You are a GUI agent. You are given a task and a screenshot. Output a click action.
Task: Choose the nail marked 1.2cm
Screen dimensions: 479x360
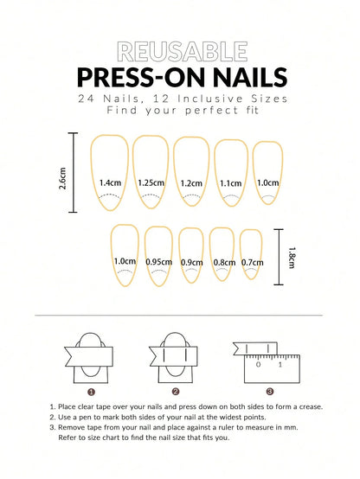[191, 176]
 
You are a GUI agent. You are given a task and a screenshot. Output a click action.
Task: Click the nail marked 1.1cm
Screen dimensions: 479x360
[230, 176]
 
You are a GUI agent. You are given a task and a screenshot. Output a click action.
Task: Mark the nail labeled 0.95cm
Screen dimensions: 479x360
[158, 256]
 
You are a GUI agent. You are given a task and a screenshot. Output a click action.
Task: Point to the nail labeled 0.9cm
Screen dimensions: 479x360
[191, 257]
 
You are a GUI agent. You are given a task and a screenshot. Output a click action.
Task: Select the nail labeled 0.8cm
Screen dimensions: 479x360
[223, 257]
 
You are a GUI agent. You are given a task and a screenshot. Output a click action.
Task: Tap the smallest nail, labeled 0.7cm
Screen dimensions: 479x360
[251, 256]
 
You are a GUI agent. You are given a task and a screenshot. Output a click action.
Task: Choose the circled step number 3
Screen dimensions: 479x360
[270, 391]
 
